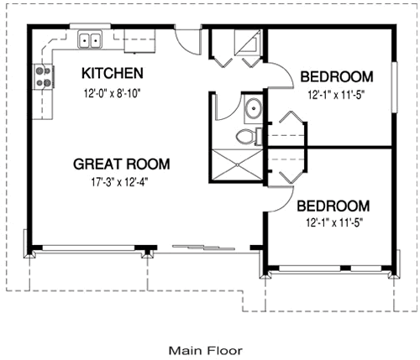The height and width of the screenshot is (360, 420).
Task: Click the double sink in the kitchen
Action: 90,39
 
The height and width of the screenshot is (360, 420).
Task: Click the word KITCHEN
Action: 112,73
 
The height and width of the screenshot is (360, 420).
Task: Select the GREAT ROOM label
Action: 121,164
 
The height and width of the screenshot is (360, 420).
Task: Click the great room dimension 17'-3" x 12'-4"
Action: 121,180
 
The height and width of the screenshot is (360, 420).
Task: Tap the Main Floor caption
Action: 205,349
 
